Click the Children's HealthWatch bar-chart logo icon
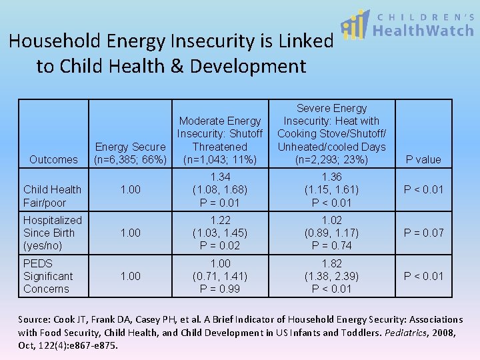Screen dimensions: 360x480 [x=355, y=25]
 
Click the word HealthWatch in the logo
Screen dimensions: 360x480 [x=423, y=31]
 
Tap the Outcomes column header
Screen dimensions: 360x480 [x=53, y=159]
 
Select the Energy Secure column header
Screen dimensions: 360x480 [x=131, y=153]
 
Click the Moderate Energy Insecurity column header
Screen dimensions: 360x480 [x=220, y=140]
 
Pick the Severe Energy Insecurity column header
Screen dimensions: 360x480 [x=331, y=133]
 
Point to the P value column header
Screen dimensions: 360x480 [x=423, y=159]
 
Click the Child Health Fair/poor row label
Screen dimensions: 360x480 [x=52, y=196]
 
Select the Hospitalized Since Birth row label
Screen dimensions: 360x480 [x=52, y=233]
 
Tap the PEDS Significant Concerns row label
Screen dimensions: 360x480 [x=48, y=276]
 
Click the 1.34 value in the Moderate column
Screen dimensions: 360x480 [x=220, y=177]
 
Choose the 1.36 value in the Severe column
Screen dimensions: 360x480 [x=331, y=177]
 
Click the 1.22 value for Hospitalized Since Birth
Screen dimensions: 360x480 [x=220, y=220]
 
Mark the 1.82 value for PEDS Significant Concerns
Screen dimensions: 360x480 [x=331, y=263]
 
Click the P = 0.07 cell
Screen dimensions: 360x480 [x=423, y=233]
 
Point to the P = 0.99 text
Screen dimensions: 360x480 [x=220, y=289]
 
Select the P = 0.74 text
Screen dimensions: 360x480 [x=331, y=245]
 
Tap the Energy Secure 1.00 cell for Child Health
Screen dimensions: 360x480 [x=131, y=190]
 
